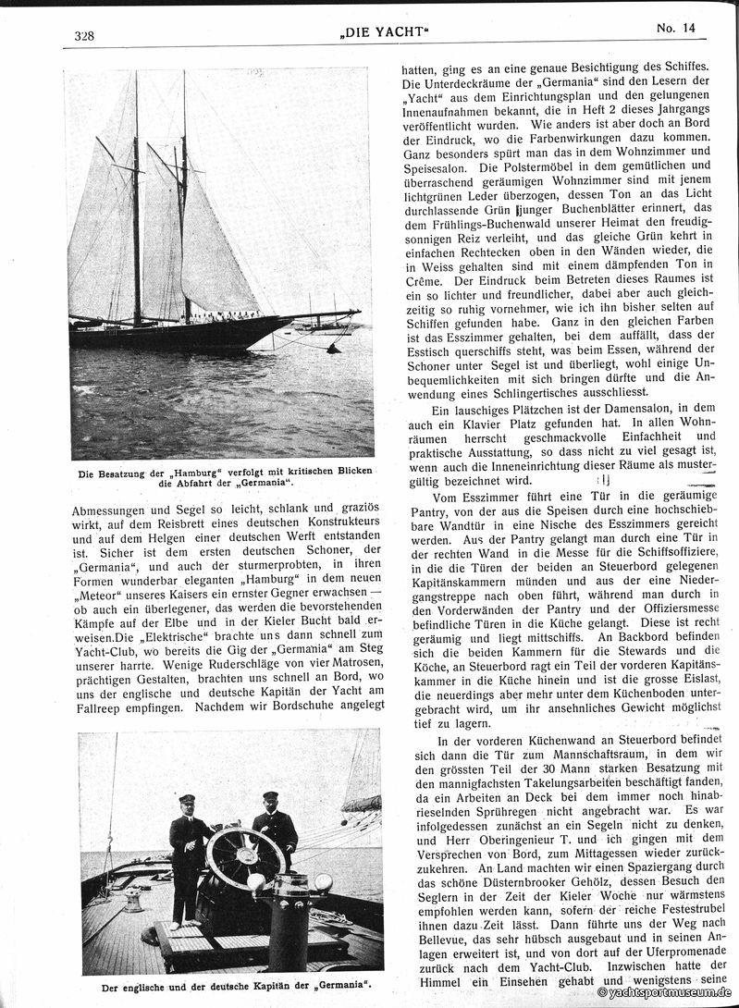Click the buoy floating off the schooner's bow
(x=334, y=348)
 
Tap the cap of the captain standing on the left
(x=188, y=798)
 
